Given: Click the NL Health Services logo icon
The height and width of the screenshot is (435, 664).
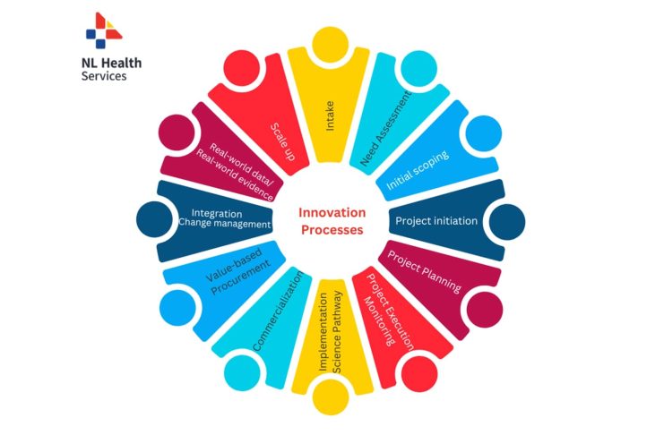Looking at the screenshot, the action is [104, 30].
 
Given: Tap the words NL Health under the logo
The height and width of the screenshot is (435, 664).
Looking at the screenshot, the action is [111, 63].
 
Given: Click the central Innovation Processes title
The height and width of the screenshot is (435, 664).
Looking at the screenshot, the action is [332, 221].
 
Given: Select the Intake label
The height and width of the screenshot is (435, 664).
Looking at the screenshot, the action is [330, 115].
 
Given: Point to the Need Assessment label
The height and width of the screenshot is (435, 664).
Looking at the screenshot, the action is [386, 128].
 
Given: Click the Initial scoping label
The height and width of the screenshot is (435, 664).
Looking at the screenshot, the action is [418, 170].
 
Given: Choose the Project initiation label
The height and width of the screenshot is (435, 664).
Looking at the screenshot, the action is [436, 221].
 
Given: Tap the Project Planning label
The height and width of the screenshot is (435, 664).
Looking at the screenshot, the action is [425, 272].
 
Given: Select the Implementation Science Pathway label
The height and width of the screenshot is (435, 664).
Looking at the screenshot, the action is [331, 332].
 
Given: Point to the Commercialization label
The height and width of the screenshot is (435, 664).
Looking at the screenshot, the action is [278, 311].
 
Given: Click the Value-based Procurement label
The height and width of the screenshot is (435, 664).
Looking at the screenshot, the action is [238, 272].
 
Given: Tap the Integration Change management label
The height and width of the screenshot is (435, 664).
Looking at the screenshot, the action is [224, 218].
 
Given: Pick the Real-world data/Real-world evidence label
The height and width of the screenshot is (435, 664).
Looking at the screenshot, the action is [235, 172].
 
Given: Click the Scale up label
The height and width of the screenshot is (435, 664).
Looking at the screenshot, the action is [283, 141].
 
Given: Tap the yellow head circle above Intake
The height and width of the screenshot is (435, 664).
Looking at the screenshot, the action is [331, 45].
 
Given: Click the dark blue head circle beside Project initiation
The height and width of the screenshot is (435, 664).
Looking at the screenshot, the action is [507, 222].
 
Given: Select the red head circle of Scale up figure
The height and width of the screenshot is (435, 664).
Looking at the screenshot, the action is [241, 68].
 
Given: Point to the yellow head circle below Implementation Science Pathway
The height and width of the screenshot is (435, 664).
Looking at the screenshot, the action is [331, 397].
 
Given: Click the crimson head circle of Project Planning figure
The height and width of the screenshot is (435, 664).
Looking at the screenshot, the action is [485, 310].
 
